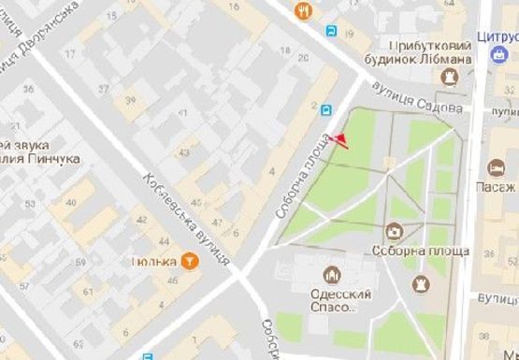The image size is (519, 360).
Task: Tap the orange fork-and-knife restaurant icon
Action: [x=304, y=11]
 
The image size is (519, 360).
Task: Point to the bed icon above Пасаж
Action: [x=496, y=168]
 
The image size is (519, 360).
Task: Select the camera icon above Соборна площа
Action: [x=395, y=231]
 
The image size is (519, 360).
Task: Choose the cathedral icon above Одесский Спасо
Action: [x=329, y=275]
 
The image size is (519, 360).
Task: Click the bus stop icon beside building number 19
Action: [x=333, y=30]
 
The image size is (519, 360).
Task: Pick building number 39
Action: [x=130, y=101]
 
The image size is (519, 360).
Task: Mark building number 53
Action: [x=30, y=204]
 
